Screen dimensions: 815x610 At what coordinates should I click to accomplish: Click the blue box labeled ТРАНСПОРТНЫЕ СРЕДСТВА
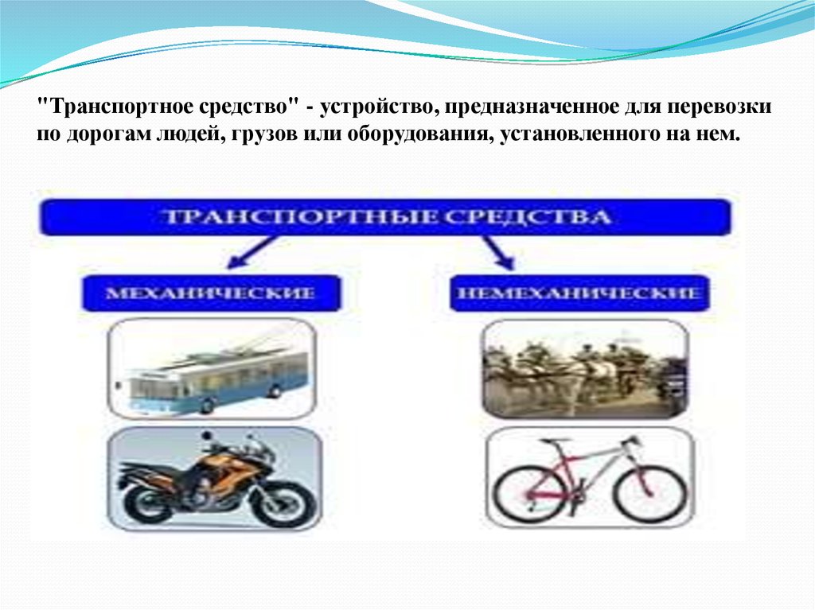tap(385, 216)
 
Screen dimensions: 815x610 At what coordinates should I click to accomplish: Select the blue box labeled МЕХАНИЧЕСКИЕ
tap(210, 293)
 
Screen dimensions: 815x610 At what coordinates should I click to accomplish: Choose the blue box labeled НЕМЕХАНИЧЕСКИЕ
tap(579, 293)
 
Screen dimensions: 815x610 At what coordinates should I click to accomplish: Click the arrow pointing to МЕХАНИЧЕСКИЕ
tap(252, 253)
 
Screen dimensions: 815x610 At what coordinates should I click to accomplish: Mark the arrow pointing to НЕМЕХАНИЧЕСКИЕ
tap(498, 253)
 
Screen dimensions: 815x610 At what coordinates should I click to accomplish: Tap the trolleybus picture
tap(212, 369)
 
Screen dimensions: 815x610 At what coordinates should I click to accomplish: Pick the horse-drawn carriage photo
tap(586, 369)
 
